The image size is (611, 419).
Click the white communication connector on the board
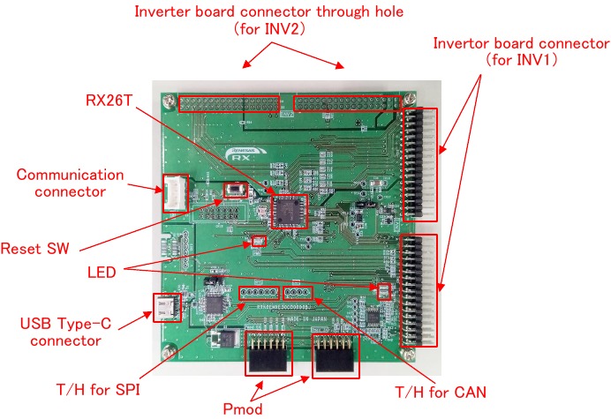(173, 194)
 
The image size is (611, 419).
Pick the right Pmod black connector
(335, 358)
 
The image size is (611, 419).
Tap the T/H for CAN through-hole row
(297, 292)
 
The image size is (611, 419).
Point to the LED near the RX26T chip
(259, 241)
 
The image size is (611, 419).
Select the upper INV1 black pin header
(419, 164)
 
